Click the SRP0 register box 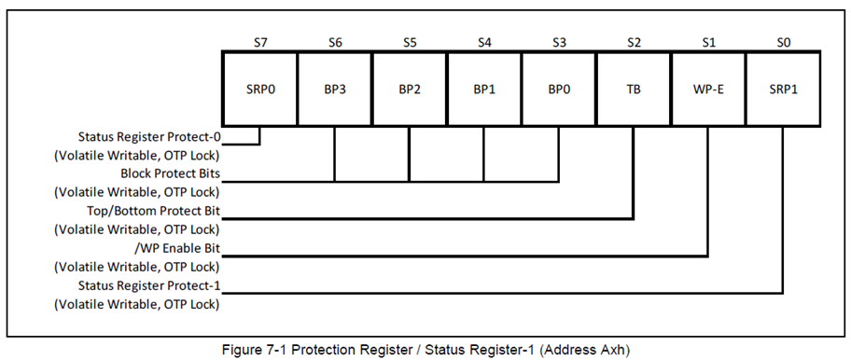(259, 90)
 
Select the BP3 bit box (334, 90)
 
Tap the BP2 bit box (409, 90)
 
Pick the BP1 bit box (483, 90)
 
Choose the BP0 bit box (558, 90)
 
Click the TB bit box (633, 90)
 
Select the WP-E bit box (707, 90)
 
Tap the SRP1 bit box (782, 90)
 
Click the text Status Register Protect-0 (149, 138)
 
